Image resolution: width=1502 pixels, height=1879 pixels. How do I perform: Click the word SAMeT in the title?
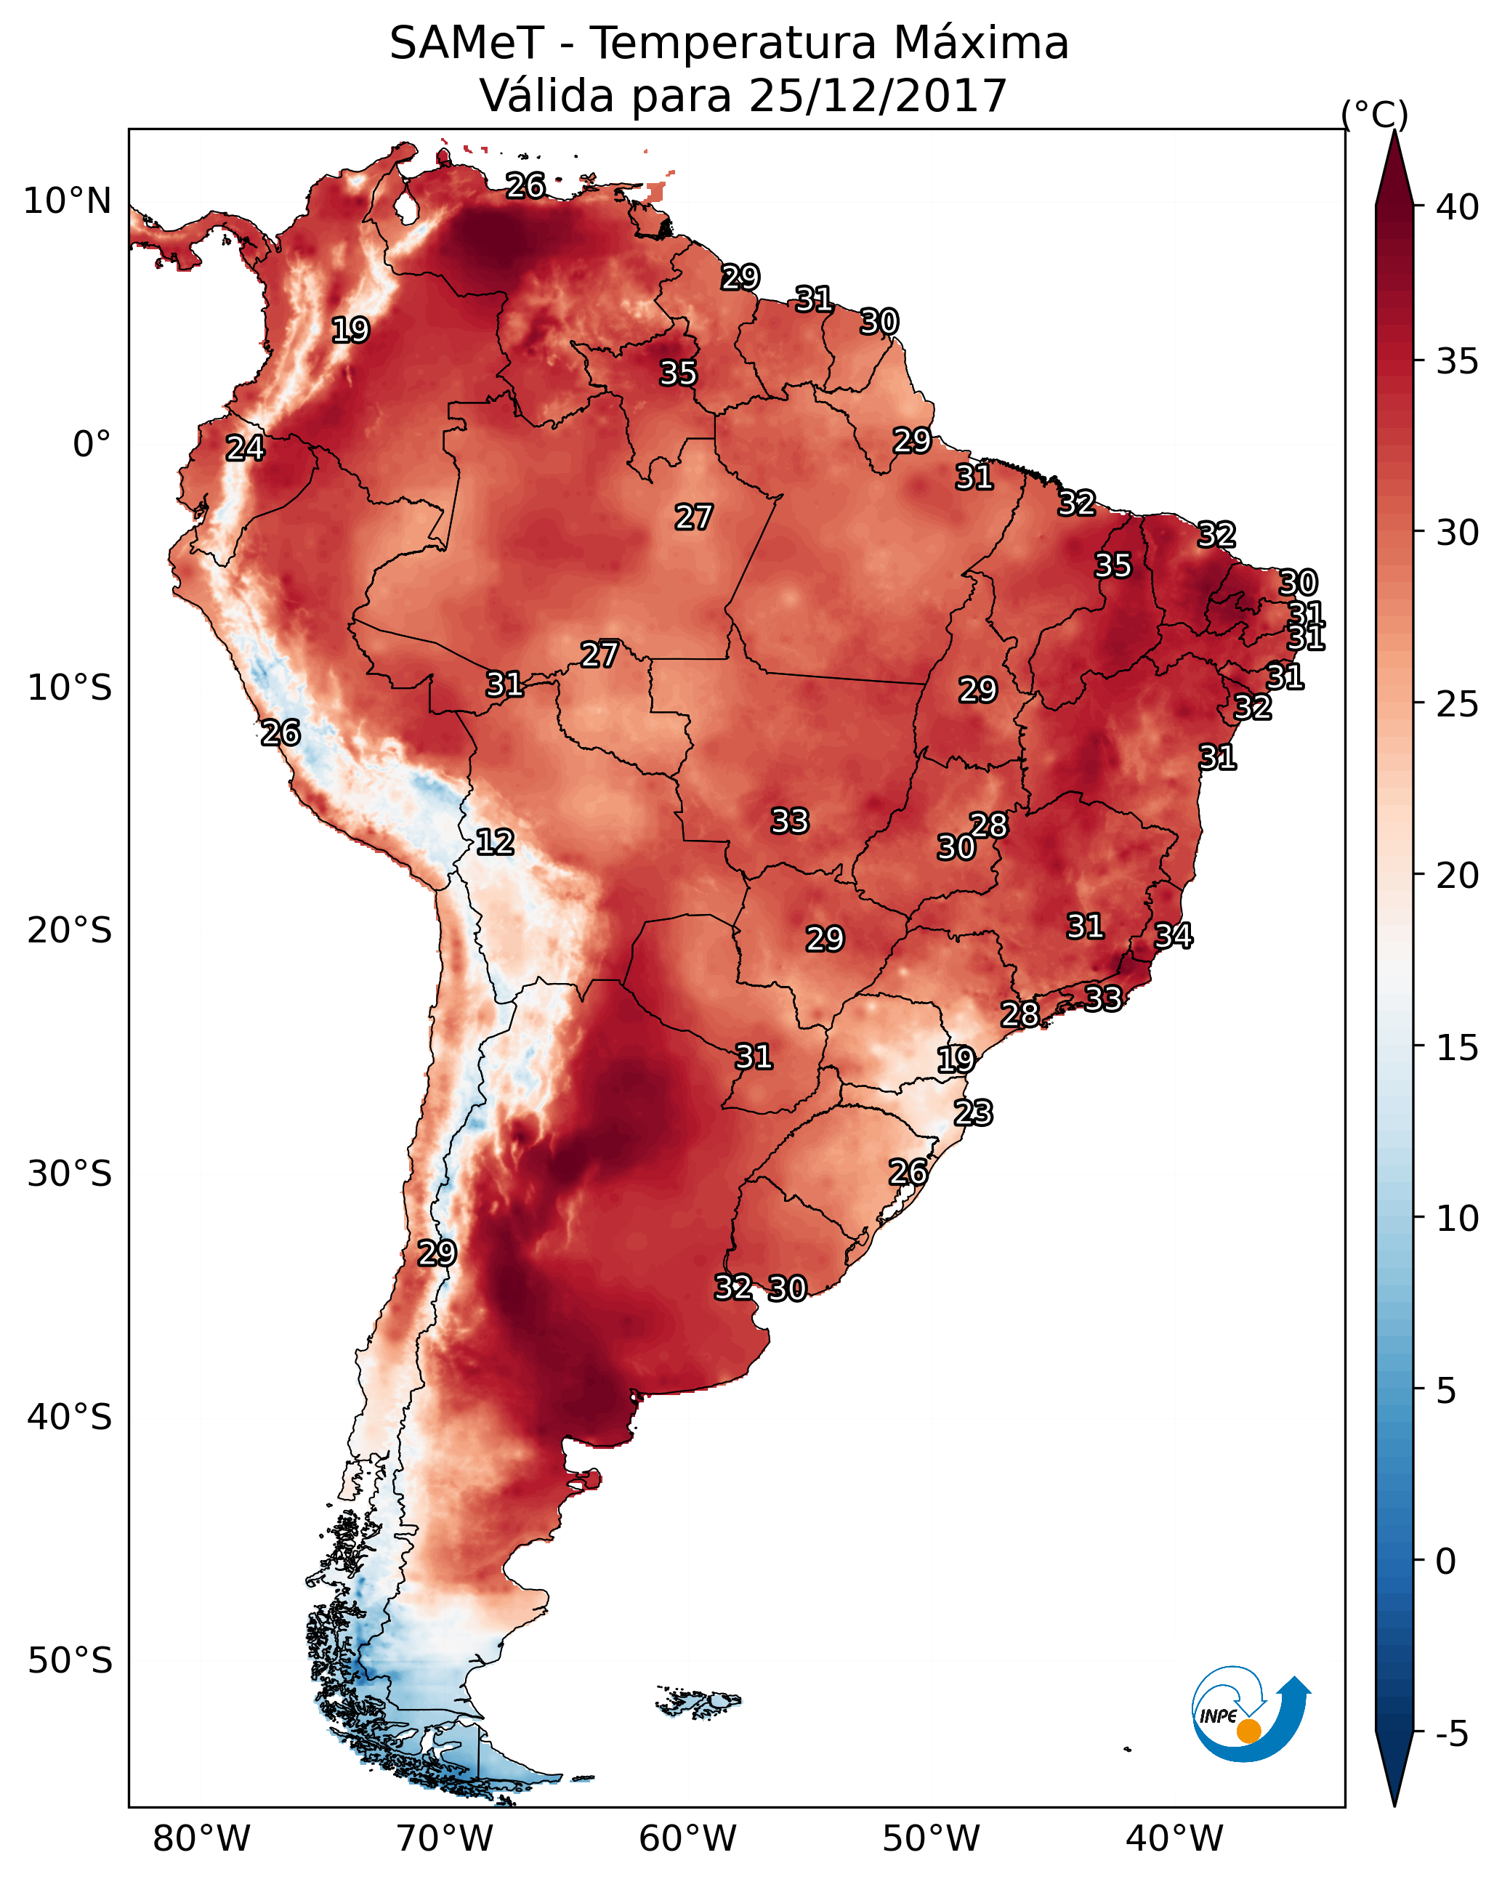tap(467, 44)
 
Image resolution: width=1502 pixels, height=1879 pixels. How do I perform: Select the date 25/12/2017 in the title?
tap(877, 96)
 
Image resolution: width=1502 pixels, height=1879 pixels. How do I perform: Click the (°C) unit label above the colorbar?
tap(1374, 114)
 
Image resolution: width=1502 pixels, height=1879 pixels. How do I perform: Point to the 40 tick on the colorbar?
tap(1457, 207)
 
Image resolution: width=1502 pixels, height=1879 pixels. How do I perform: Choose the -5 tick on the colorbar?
tap(1451, 1734)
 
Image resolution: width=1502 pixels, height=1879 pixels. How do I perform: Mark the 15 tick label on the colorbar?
tap(1457, 1048)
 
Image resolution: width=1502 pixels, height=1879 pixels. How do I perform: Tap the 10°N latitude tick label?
tap(67, 201)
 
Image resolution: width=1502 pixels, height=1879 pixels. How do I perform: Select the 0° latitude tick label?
tap(92, 445)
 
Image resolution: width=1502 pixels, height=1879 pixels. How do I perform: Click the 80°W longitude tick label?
tap(201, 1840)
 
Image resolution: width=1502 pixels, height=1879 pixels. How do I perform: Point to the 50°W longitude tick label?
tap(931, 1840)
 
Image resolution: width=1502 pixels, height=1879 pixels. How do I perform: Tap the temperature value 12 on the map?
tap(494, 842)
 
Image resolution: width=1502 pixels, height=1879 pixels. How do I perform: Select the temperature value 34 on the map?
tap(1174, 936)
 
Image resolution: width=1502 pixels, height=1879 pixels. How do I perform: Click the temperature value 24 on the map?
tap(245, 448)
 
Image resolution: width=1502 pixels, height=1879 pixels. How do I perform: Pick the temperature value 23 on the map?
tap(973, 1113)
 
